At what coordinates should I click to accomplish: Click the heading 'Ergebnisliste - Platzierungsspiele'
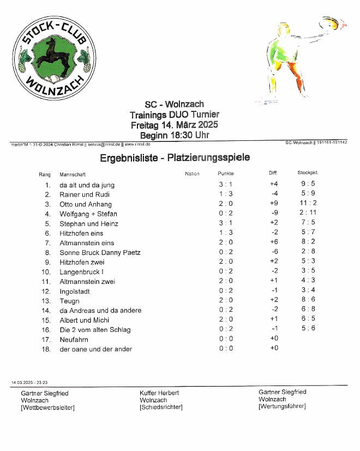point(175,158)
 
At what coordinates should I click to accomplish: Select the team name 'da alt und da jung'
point(87,185)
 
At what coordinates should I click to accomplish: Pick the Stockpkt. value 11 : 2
point(308,204)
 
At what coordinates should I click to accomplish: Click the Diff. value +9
point(274,204)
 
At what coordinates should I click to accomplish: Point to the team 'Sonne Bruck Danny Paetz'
point(100,252)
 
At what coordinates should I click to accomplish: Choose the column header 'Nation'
point(192,174)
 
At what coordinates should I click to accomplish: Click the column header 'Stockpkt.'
point(308,173)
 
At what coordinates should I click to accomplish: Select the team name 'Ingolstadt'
point(75,291)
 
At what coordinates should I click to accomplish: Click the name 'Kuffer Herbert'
point(159,393)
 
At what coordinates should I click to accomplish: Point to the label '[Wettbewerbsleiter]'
point(47,407)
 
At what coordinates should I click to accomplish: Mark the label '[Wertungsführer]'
point(282,406)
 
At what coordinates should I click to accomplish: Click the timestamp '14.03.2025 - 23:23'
point(28,383)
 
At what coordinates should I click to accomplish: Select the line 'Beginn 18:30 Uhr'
point(174,135)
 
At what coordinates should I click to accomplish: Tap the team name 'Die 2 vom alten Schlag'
point(95,330)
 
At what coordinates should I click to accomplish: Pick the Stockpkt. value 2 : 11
point(308,213)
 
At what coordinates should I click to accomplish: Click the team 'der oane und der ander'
point(95,349)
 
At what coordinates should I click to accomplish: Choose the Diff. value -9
point(274,213)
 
